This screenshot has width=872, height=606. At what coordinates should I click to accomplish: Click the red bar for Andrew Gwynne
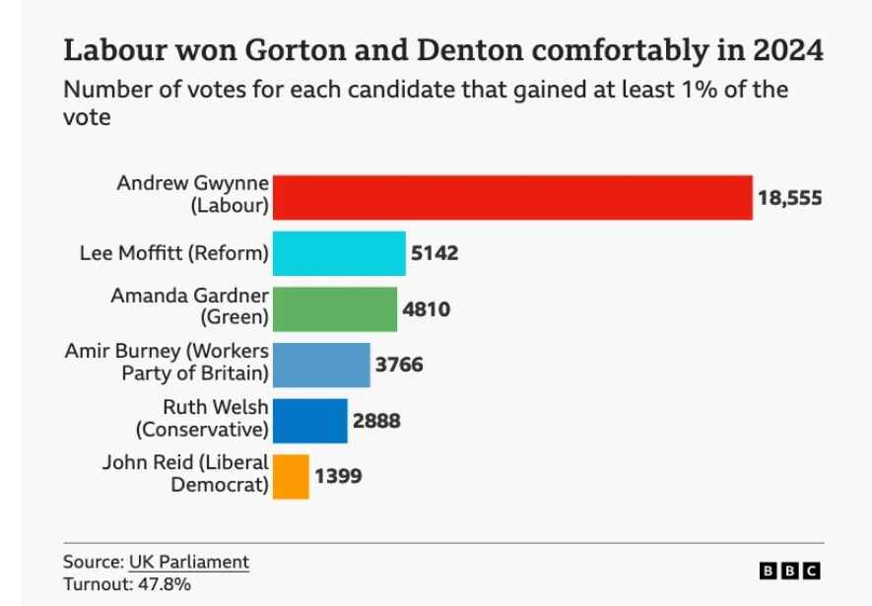coord(512,197)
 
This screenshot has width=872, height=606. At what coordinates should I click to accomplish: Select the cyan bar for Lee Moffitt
coord(339,253)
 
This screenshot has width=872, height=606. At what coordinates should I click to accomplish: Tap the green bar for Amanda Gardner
coord(335,309)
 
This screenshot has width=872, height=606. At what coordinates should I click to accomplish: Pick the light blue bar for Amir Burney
coord(321,365)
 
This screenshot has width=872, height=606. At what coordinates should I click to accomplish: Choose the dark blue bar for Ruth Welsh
coord(310,421)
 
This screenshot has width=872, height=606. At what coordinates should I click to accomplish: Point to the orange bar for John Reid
coord(291,476)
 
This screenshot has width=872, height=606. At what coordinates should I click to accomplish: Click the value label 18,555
coord(789,198)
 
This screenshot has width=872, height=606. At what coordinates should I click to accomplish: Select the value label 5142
coord(435,253)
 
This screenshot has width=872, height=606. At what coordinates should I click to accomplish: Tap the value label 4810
coord(426,309)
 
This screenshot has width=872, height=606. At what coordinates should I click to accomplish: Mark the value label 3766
coord(399,365)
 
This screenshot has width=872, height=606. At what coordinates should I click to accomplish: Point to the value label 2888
coord(376,421)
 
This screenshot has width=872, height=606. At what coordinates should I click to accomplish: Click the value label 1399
coord(338,476)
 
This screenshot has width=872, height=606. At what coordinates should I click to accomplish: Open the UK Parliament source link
coord(189,562)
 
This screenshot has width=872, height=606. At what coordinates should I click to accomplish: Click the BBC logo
coord(789,571)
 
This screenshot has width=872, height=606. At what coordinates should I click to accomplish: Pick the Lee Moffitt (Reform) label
coord(173,253)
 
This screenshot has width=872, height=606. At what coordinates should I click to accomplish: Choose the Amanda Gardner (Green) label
coord(189,306)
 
